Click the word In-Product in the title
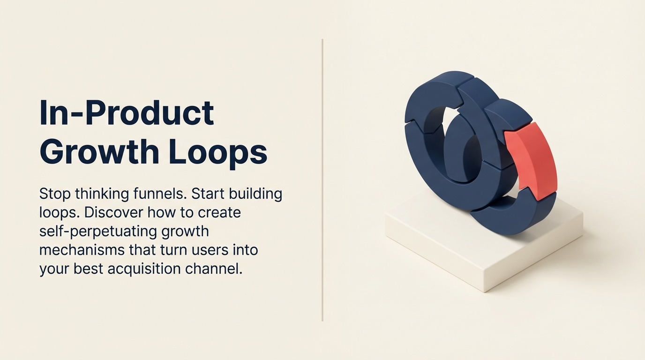pyautogui.click(x=127, y=114)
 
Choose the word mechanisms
pyautogui.click(x=82, y=250)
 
